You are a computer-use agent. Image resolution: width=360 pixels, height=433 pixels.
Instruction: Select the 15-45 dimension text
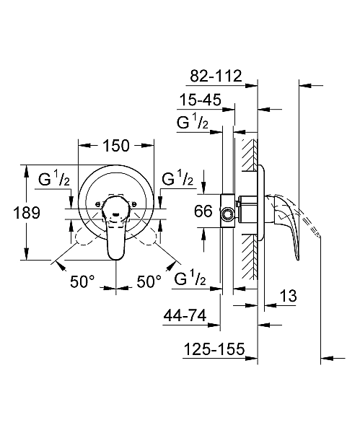201,100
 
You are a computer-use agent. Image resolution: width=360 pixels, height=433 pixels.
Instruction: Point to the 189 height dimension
14,213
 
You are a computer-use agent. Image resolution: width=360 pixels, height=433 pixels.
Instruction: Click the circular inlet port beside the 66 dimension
229,214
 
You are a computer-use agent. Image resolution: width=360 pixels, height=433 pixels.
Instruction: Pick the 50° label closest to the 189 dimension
82,282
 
